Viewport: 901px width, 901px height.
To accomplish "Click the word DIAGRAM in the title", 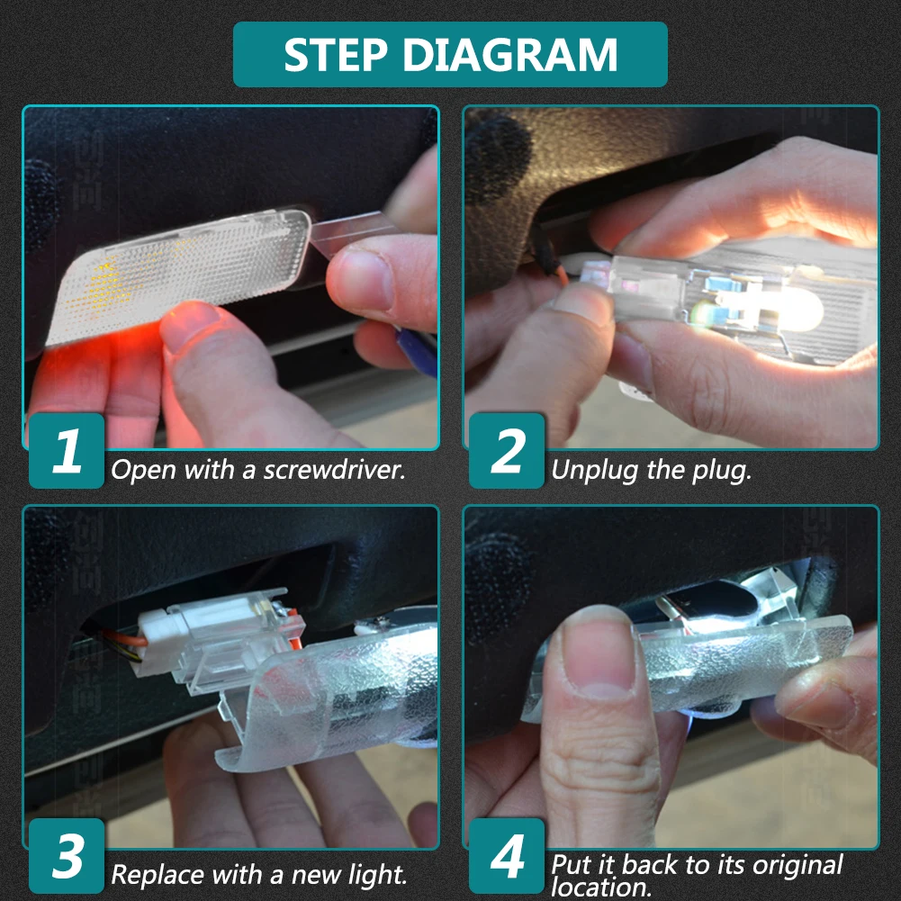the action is (510, 55).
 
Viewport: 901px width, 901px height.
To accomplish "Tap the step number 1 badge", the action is (67, 450).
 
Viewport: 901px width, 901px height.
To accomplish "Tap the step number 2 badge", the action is (507, 450).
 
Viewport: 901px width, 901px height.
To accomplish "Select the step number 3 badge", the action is (67, 856).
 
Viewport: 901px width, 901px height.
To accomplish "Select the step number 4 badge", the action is (507, 856).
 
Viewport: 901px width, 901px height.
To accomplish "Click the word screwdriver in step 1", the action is (335, 470).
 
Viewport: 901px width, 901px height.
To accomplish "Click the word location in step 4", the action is (601, 887).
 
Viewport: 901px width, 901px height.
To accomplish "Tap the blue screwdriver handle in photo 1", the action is (417, 350).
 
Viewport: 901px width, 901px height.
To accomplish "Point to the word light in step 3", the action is (378, 875).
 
